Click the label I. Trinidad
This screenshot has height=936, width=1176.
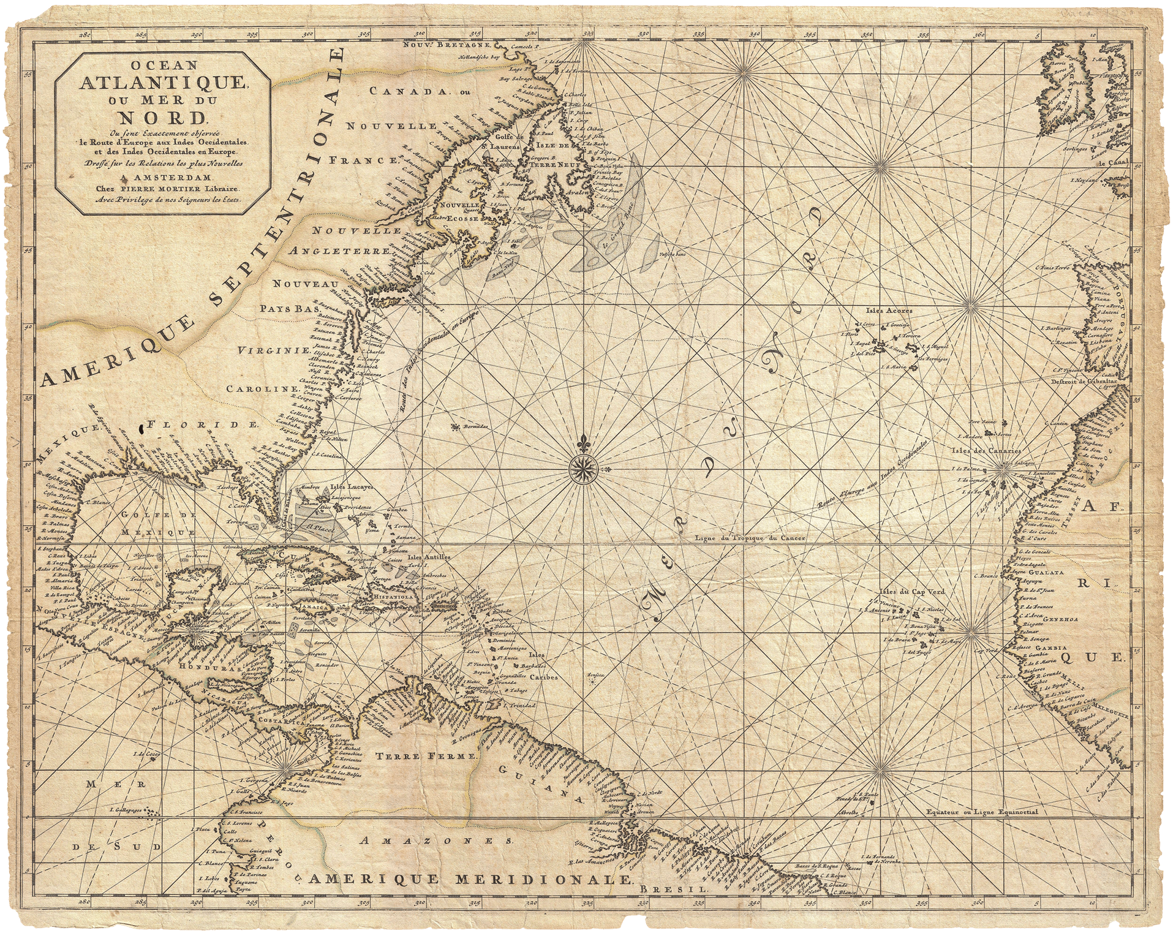(x=521, y=706)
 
